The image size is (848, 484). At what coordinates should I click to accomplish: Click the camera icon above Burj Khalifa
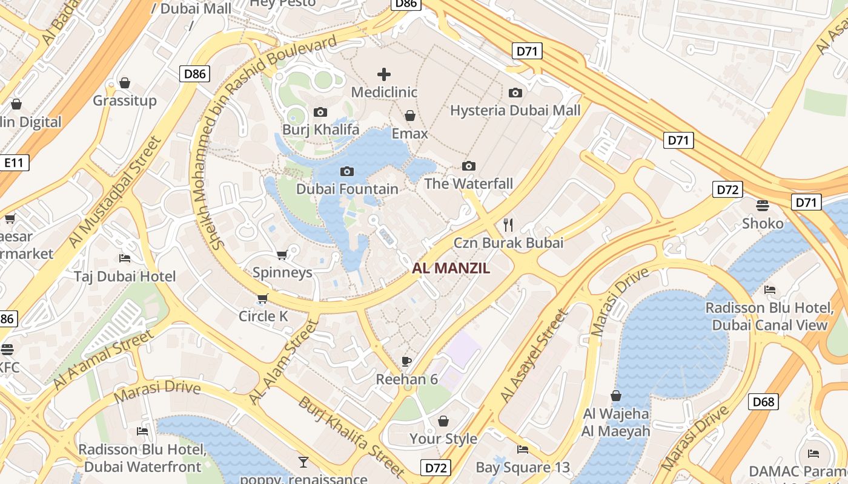320,112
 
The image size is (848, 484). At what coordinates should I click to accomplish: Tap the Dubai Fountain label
347,189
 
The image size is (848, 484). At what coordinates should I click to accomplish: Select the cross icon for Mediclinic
384,74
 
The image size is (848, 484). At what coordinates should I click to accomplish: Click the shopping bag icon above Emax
410,116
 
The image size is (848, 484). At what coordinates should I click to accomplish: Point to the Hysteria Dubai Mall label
515,110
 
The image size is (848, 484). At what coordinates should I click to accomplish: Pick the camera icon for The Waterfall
469,166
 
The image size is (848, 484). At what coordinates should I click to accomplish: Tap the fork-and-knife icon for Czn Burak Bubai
508,225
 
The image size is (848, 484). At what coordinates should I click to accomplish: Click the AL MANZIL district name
451,268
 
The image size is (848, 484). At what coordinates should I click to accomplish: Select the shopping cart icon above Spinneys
282,255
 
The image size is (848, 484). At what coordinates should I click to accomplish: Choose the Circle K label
263,316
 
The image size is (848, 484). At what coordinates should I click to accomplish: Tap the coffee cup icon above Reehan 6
406,362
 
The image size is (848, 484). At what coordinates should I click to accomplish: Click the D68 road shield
763,402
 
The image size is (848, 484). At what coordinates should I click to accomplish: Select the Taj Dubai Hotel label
125,276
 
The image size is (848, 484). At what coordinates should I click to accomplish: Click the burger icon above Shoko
763,206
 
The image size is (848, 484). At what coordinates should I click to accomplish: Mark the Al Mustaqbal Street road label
114,192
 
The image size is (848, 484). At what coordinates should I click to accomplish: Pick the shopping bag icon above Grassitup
125,83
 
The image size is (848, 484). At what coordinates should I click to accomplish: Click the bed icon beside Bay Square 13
523,449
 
